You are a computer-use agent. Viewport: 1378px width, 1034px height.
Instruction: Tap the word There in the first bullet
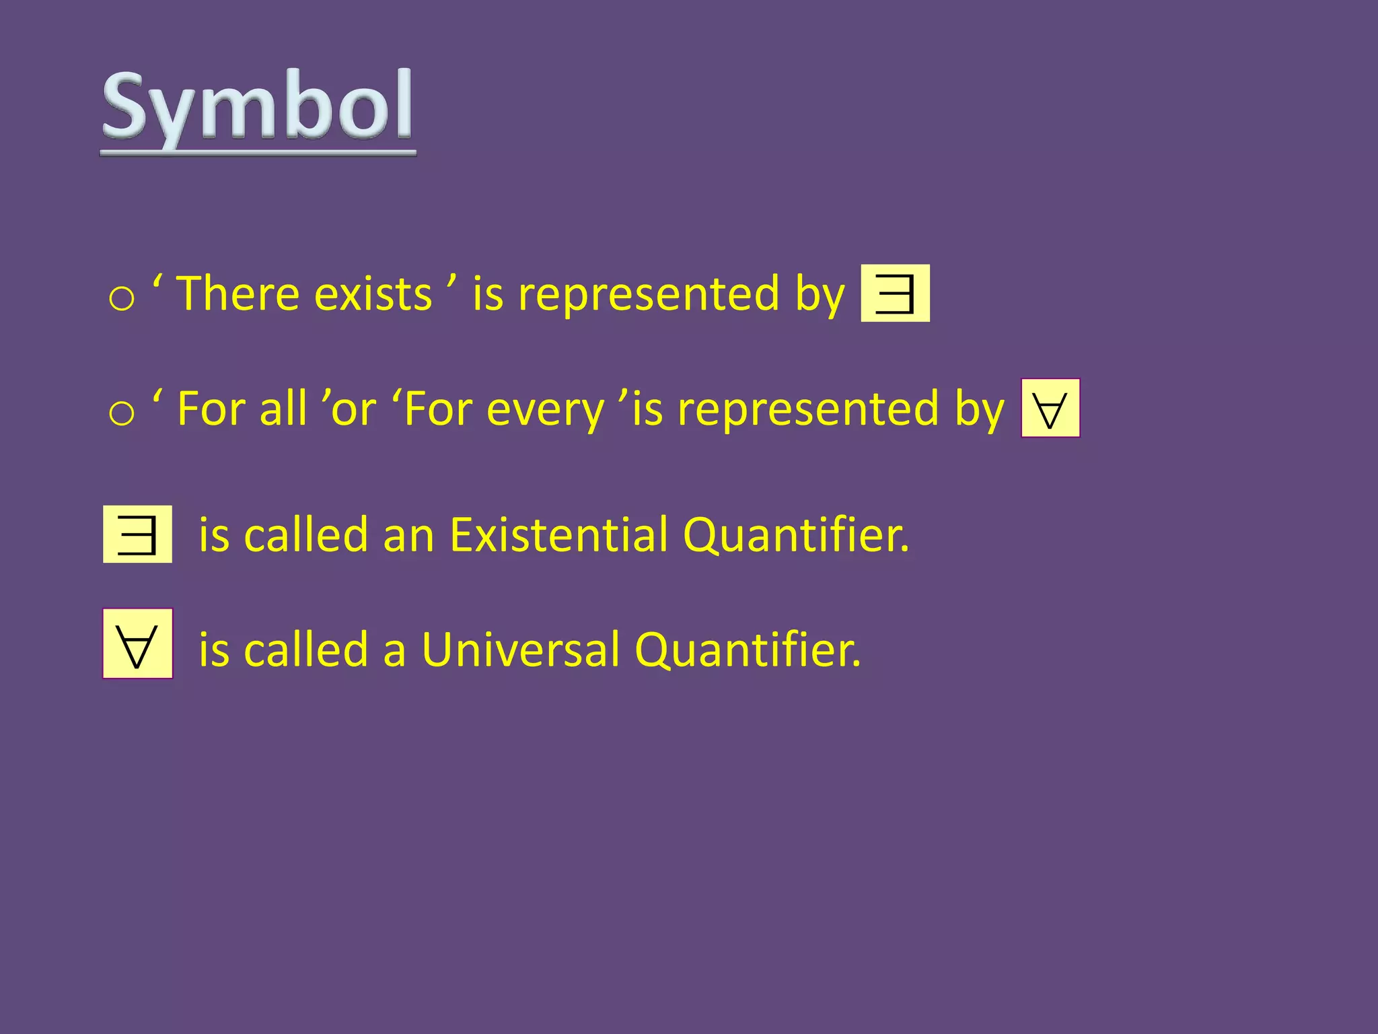238,294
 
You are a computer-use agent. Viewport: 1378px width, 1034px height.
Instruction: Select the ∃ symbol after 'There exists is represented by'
895,294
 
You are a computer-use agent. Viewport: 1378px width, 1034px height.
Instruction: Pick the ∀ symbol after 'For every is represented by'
1050,409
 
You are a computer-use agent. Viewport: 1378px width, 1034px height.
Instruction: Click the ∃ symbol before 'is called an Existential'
137,535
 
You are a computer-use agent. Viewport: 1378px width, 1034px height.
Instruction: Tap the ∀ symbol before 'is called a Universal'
137,644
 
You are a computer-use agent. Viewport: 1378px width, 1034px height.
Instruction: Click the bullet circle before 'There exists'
122,298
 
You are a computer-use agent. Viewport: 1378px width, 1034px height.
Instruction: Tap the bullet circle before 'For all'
122,413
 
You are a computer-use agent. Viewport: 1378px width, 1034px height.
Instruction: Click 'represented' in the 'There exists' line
649,295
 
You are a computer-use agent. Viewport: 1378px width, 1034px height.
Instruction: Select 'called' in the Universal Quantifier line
306,650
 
